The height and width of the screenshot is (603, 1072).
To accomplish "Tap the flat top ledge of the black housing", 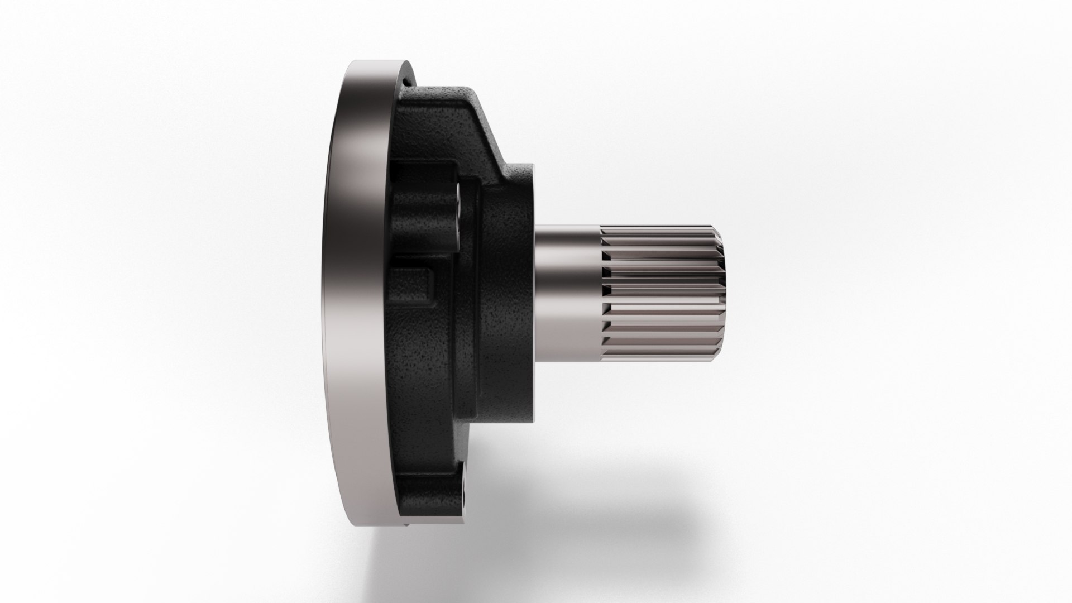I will click(x=441, y=90).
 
